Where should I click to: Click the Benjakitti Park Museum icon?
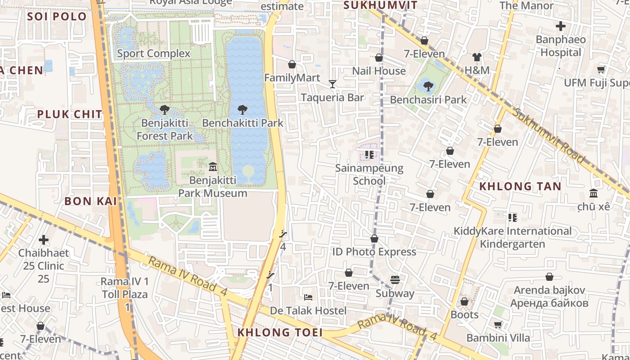[213, 167]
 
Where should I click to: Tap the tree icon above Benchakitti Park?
[243, 109]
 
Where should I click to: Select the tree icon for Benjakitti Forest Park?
[164, 109]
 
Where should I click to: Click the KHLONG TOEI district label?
[280, 333]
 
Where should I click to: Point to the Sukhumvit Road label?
[549, 135]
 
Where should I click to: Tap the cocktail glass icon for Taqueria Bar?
[332, 84]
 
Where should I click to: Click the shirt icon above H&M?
[477, 57]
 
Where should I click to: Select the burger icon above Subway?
[395, 280]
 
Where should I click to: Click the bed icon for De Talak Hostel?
[308, 297]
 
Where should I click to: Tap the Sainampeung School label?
[369, 175]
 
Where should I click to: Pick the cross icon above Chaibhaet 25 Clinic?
[44, 240]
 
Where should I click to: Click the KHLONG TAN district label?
[520, 186]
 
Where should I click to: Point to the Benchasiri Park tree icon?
[428, 86]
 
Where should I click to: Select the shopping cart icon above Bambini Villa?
[498, 324]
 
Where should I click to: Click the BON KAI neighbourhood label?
[90, 201]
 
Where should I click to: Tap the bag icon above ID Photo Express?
[374, 238]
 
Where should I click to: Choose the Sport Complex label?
[154, 54]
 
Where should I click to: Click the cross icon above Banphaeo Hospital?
[560, 26]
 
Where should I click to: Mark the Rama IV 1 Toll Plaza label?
[124, 288]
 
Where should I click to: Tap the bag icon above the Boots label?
[464, 301]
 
